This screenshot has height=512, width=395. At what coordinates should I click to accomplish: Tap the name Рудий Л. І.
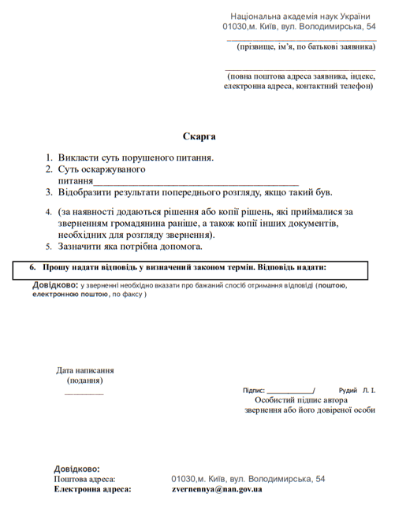coord(356,390)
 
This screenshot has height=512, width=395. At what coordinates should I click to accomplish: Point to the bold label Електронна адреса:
coord(92,489)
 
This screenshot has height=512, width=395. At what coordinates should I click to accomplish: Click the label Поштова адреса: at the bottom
coord(84,479)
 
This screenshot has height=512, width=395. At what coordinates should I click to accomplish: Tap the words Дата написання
coord(84,370)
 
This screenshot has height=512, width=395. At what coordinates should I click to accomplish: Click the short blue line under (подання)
coord(84,392)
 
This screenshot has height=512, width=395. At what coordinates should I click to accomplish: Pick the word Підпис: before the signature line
coord(254,390)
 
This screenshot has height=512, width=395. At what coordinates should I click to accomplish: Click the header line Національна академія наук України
coord(303,16)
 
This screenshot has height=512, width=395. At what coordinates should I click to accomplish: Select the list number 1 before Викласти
coord(49,158)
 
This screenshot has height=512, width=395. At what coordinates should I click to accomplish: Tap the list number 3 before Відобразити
coord(49,192)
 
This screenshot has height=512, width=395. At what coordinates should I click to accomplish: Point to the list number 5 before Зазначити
coord(49,247)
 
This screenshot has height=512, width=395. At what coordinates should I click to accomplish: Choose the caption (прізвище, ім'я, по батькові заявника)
coord(305,46)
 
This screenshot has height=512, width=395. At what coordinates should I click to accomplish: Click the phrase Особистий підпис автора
coord(304,399)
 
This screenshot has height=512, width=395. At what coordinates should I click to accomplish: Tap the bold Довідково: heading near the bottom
coord(76,469)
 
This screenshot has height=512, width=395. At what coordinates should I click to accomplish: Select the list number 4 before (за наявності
coord(49,212)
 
